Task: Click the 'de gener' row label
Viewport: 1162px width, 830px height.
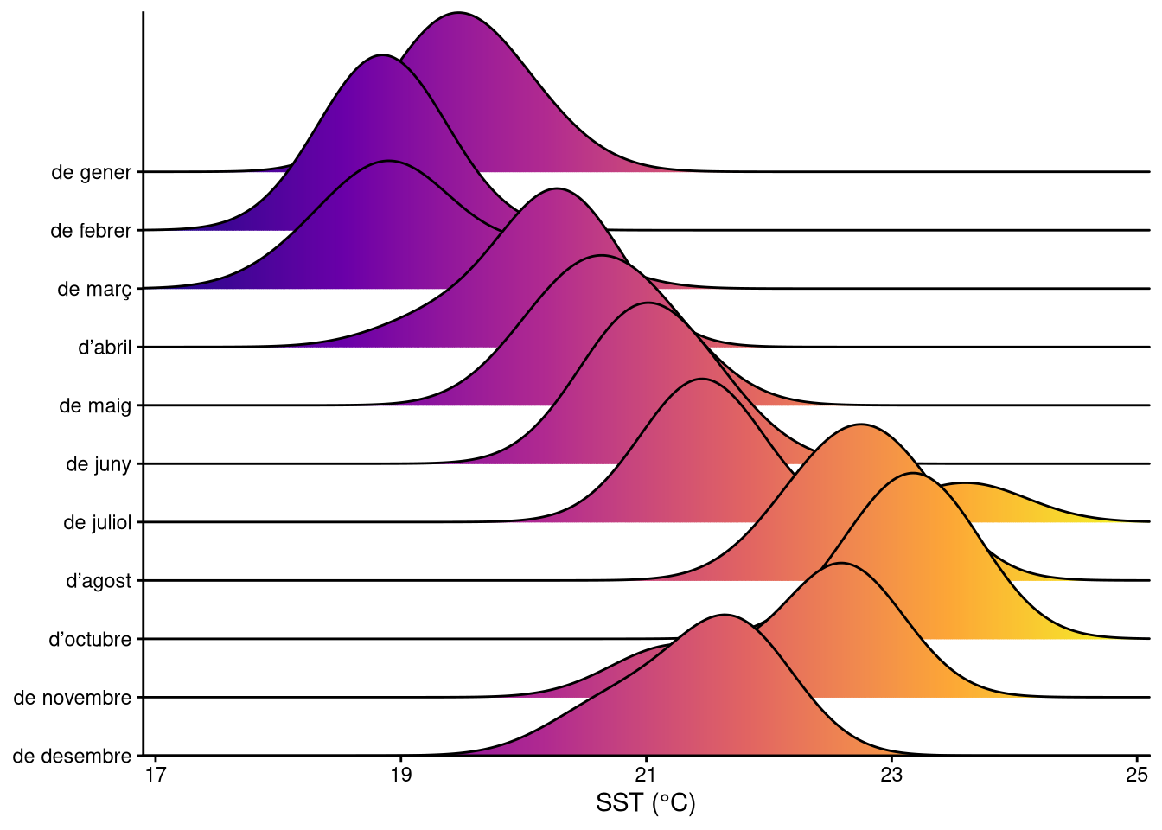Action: [91, 172]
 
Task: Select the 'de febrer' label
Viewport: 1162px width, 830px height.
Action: [91, 231]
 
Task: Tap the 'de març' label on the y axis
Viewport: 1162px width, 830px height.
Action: [94, 290]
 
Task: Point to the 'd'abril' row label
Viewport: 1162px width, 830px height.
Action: [105, 348]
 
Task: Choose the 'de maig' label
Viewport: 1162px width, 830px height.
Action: [95, 405]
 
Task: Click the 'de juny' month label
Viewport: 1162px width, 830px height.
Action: [99, 464]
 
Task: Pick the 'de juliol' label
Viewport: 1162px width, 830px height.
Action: [98, 522]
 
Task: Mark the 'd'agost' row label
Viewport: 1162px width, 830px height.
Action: [99, 581]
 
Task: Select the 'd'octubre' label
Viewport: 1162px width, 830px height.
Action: [90, 640]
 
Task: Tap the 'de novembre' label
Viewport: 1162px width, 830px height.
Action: [73, 698]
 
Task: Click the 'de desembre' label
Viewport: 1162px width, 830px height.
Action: [73, 757]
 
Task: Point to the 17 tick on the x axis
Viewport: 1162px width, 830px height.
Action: [156, 775]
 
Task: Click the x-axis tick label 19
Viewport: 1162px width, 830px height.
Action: [401, 775]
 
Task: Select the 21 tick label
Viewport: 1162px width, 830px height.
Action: [647, 775]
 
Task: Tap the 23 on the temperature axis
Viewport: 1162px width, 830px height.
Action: [891, 775]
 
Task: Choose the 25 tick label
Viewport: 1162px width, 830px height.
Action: [1137, 775]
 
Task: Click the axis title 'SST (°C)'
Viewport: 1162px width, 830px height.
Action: [646, 803]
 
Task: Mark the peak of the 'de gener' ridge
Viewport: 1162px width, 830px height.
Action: [458, 13]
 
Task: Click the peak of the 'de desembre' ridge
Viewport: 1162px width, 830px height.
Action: [725, 615]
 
